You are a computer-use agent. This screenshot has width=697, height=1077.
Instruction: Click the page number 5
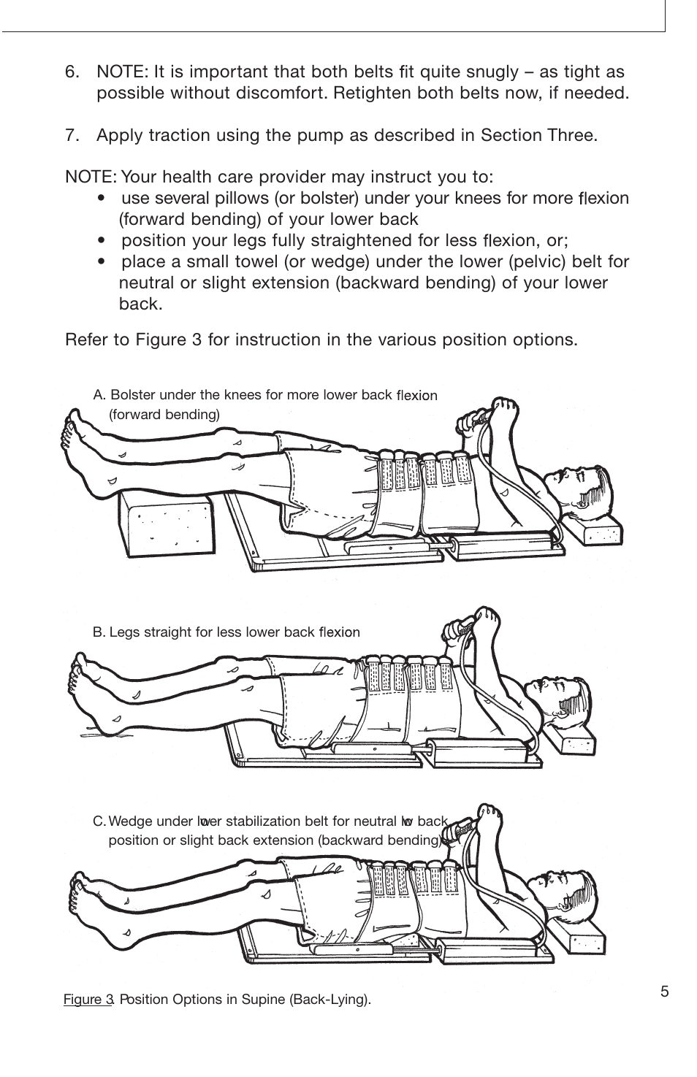point(664,991)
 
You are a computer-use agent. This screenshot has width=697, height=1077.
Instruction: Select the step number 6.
point(72,72)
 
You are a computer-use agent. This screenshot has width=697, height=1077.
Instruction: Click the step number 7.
point(72,135)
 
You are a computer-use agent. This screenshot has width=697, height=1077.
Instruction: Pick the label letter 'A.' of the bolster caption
point(100,395)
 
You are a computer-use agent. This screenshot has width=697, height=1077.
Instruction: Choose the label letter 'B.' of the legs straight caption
point(99,632)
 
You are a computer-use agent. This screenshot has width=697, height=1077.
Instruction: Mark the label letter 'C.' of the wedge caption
point(100,821)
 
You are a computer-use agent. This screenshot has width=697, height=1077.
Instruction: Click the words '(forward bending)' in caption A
point(164,415)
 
